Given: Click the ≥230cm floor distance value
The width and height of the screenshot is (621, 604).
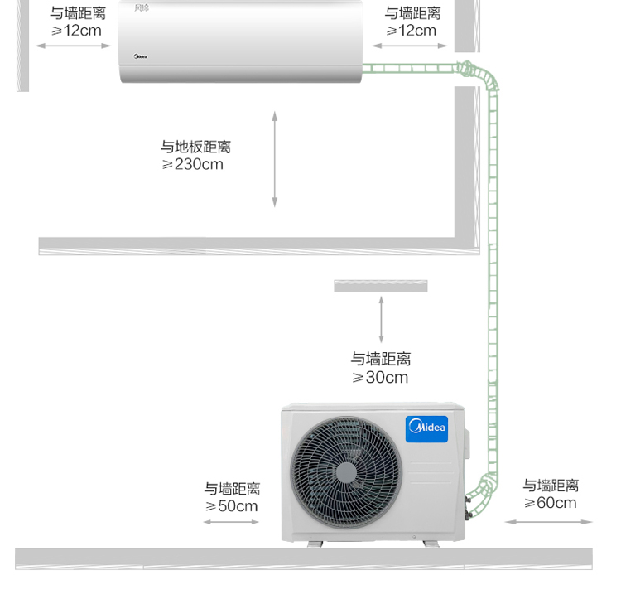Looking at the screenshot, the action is click(192, 164).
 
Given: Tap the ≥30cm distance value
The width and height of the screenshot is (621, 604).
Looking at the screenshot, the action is click(380, 377).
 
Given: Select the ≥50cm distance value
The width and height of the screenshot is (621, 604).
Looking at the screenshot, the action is click(232, 506).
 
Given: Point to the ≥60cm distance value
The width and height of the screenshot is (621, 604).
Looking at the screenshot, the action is click(551, 503).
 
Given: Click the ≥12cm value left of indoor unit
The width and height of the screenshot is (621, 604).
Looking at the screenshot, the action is click(76, 31).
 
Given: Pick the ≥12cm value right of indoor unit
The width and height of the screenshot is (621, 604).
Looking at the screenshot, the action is click(411, 31).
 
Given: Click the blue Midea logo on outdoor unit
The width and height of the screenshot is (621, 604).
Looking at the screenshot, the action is click(426, 429).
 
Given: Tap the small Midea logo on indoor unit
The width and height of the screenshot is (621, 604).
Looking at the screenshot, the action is click(140, 56).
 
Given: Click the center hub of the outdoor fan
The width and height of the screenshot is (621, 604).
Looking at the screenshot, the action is click(346, 473).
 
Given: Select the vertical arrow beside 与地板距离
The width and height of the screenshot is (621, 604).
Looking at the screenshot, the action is click(274, 159).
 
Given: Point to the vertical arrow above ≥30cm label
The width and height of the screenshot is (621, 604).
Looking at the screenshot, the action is click(381, 320).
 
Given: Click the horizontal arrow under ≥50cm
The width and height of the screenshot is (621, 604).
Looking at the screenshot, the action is click(231, 522).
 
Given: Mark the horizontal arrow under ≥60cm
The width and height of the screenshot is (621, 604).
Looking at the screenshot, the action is click(548, 522).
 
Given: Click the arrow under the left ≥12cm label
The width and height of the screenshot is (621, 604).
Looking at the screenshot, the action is click(74, 46).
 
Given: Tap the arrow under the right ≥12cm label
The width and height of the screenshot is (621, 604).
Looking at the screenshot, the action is click(410, 46).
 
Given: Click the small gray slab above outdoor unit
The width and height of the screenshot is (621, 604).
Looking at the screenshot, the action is click(381, 286).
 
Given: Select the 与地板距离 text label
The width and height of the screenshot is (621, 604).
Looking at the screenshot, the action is click(195, 147).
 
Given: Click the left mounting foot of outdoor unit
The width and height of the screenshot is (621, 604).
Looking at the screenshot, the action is click(315, 544).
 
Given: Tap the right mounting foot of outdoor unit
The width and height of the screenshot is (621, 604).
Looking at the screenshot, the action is click(431, 544).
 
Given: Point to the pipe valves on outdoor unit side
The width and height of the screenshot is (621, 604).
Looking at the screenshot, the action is click(468, 508).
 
